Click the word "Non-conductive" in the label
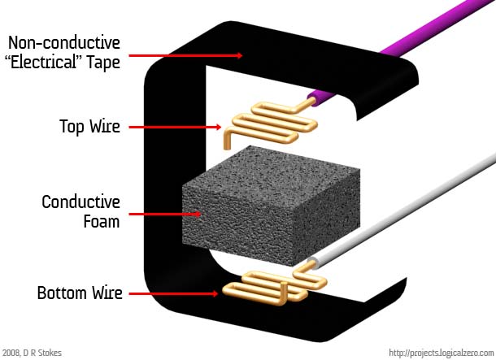64,43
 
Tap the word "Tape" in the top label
103,62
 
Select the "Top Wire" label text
89,127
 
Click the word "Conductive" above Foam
81,202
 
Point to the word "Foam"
102,221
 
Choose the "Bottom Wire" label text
80,293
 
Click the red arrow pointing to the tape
185,55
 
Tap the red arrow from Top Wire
175,127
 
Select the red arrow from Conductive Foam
165,215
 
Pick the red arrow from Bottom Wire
173,293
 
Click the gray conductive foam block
271,206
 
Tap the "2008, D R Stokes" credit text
32,353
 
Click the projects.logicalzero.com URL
442,353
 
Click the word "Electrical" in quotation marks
44,62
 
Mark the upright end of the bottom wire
284,293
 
